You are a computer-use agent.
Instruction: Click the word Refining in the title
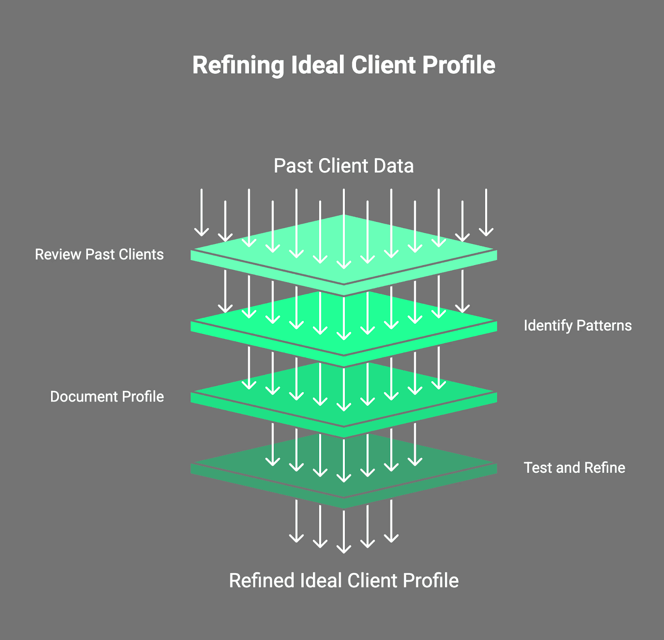[238, 66]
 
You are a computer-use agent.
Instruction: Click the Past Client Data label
[344, 166]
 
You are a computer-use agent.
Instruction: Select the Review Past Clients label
[99, 254]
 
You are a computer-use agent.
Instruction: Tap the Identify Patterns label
[577, 326]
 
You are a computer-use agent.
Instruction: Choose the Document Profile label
[107, 397]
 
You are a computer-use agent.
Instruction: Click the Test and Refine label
[574, 468]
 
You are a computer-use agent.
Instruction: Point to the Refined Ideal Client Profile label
[344, 580]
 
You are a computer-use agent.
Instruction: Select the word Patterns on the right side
[604, 326]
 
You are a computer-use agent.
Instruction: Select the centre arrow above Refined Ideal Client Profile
[344, 532]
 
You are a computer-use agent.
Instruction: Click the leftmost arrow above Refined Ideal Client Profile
[296, 521]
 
